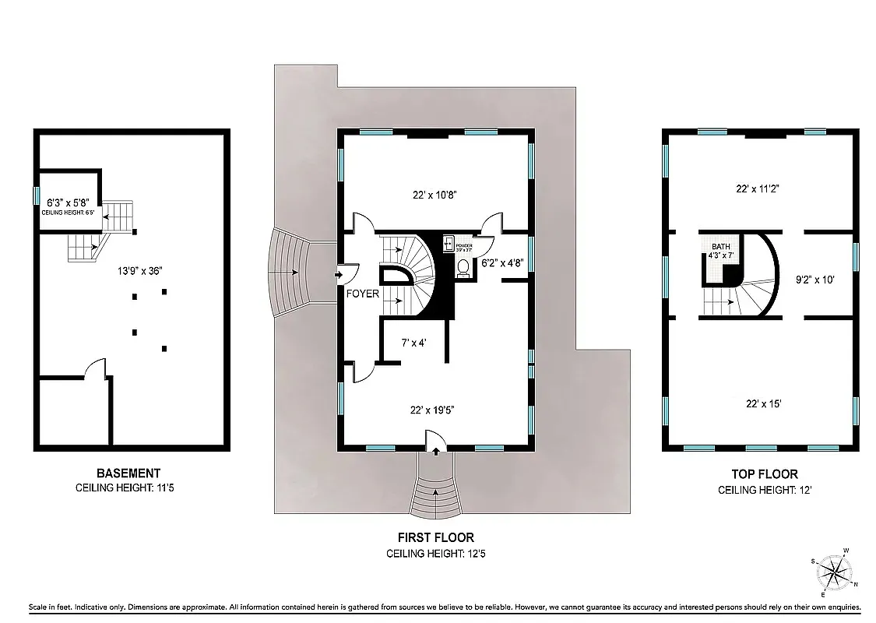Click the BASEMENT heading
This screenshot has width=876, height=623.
coord(128,473)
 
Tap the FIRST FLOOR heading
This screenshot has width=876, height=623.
coord(436,537)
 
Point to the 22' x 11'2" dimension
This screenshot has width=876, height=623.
coord(758,188)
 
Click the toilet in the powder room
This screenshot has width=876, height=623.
coord(463,266)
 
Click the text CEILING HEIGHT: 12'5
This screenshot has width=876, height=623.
coord(436,554)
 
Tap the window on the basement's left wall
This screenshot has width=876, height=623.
coord(36,194)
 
